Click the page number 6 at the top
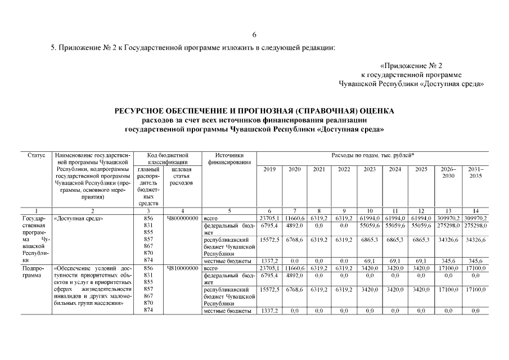click(254, 35)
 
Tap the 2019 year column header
click(269, 169)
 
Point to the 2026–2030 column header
click(448, 172)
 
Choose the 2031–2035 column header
click(475, 172)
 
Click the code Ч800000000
click(183, 218)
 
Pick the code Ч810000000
click(183, 269)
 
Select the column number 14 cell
click(475, 210)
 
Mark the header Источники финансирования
click(228, 158)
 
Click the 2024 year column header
click(395, 169)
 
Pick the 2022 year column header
click(344, 169)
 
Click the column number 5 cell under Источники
click(228, 210)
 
